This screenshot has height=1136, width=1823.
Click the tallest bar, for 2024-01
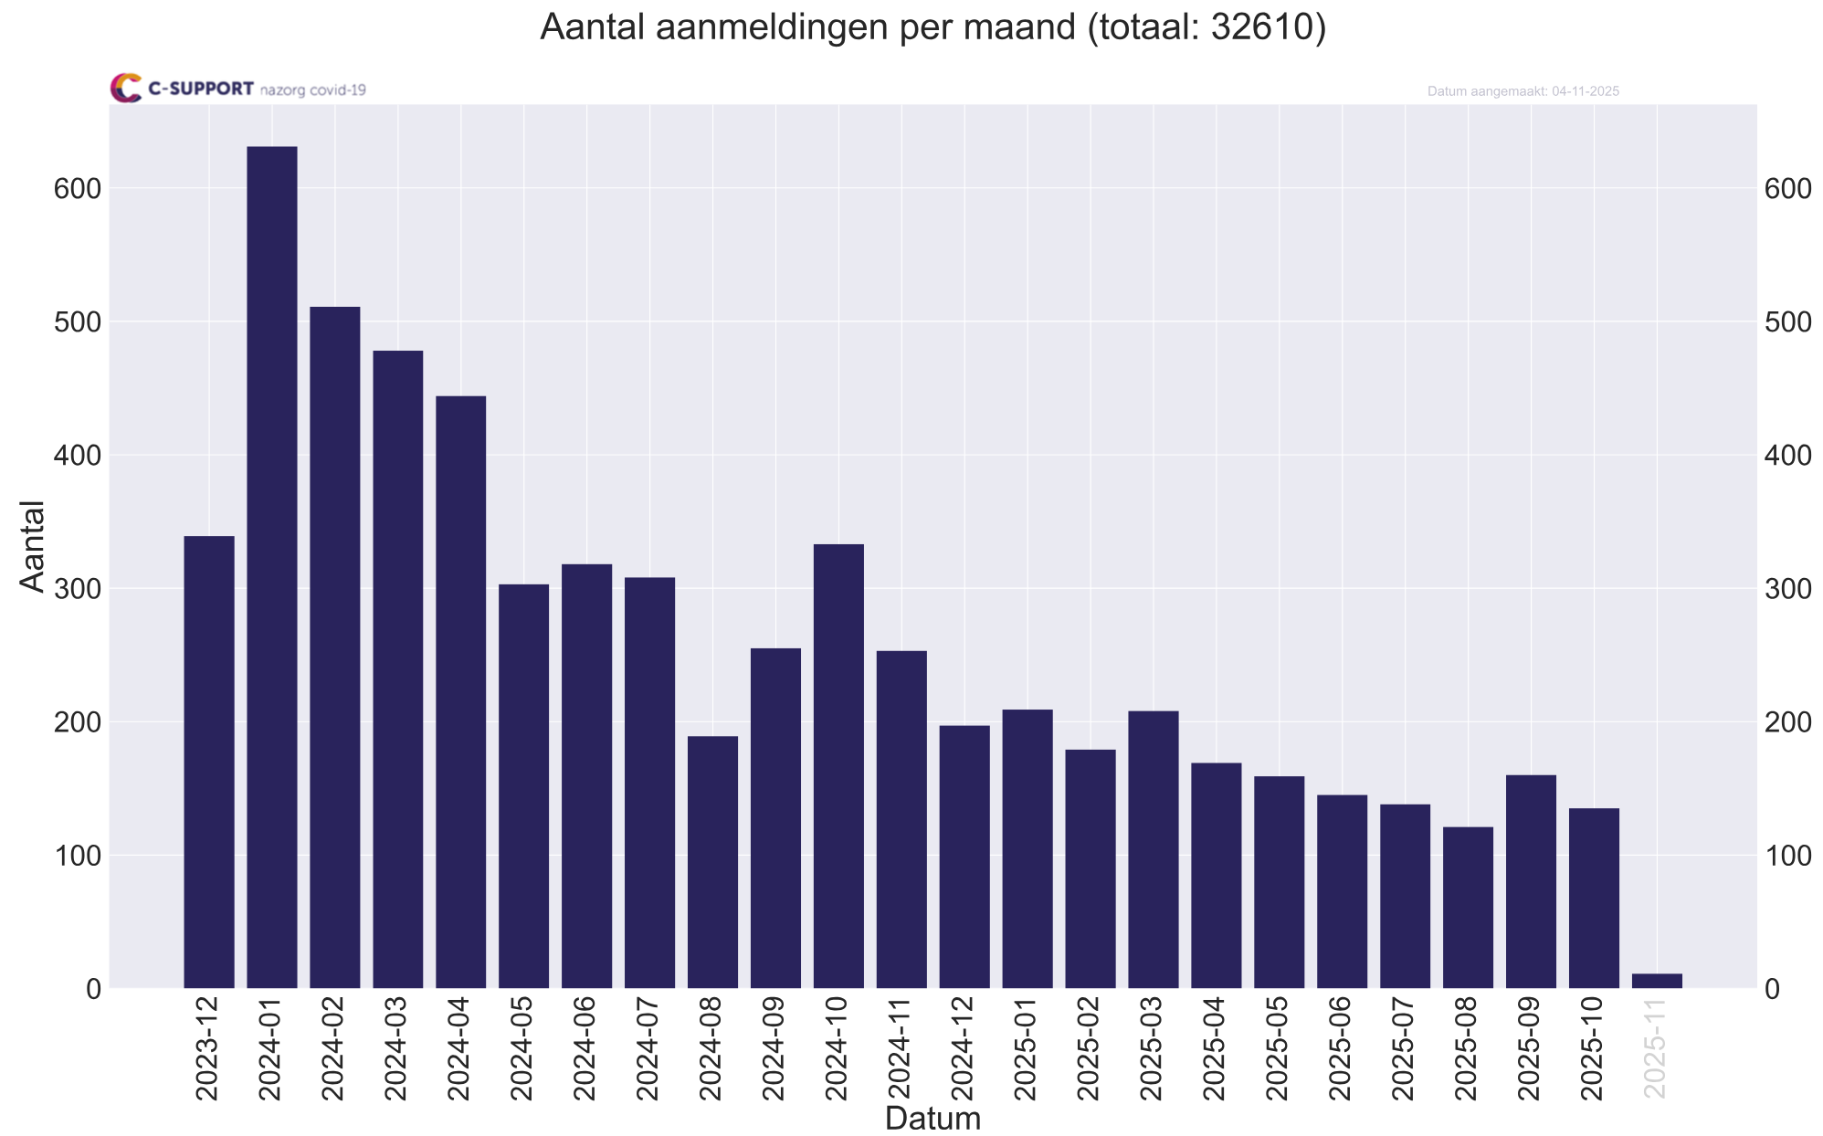[x=272, y=566]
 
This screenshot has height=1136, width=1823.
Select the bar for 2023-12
[x=209, y=762]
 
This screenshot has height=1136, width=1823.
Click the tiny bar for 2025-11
[x=1657, y=981]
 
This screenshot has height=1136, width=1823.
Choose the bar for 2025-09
[x=1531, y=881]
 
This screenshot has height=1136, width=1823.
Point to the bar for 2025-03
[x=1154, y=849]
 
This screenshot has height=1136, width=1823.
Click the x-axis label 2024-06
[x=587, y=1049]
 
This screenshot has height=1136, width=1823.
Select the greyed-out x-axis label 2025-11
[x=1657, y=1049]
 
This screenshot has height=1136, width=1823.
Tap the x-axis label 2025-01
[x=1027, y=1049]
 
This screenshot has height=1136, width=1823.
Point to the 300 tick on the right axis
[x=1787, y=589]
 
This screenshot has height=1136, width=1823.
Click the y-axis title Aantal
[x=33, y=546]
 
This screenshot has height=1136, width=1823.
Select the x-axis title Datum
[x=933, y=1119]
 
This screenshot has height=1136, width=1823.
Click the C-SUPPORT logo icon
[x=126, y=88]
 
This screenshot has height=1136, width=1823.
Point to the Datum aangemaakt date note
[x=1523, y=91]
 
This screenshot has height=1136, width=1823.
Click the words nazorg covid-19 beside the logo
[x=313, y=90]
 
